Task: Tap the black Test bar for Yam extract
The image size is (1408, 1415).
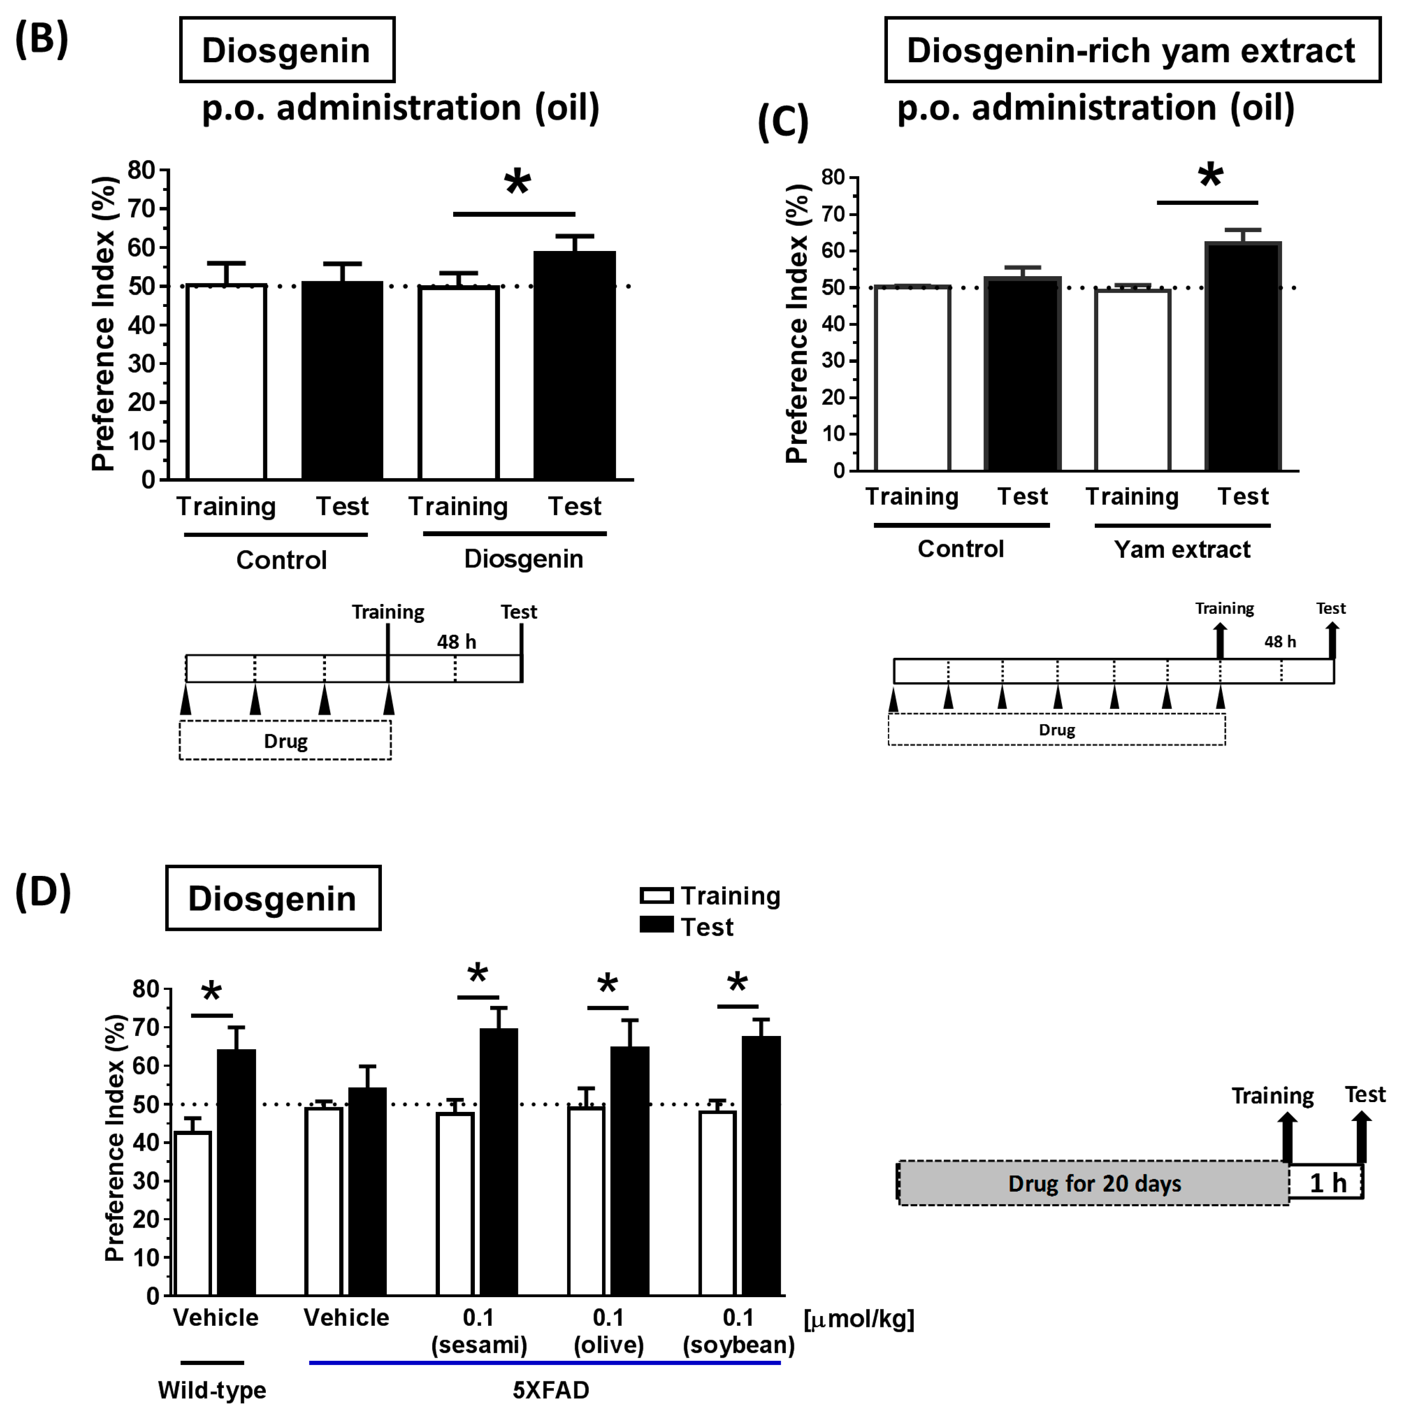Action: [1242, 357]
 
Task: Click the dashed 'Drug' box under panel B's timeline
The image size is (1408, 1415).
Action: [285, 741]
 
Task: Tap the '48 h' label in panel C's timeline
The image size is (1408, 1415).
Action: [1280, 642]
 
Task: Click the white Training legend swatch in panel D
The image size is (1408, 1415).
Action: [656, 896]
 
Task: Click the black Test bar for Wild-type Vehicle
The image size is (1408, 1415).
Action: [236, 1173]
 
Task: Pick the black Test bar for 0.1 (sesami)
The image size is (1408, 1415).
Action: [499, 1163]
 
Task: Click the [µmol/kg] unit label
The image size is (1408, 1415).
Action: [858, 1320]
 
